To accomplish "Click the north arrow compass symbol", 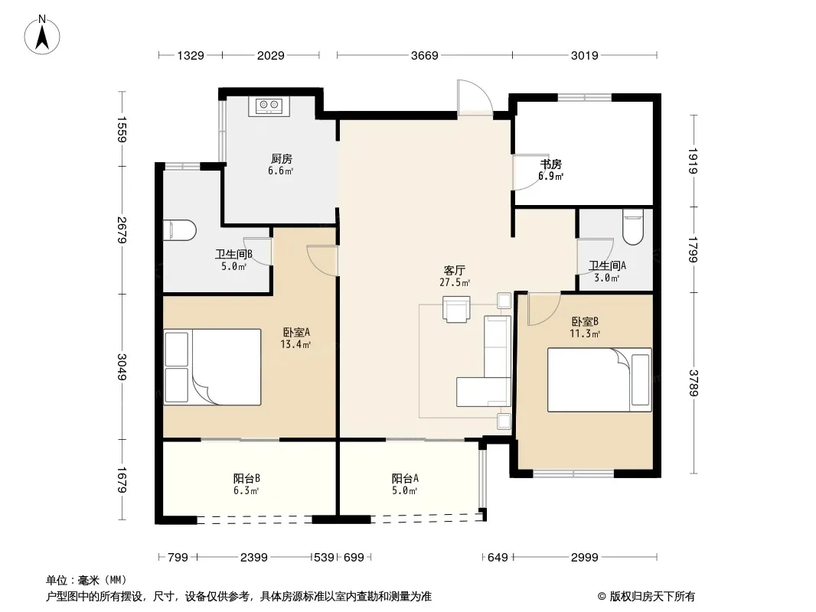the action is coord(42,35).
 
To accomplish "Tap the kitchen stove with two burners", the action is coord(269,106).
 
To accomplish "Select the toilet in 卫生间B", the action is coord(180,229).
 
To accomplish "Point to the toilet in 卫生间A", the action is coord(633,226).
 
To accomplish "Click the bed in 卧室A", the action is coord(212,366).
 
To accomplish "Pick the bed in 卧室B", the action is coord(599,379).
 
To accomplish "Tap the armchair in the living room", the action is coord(456,309).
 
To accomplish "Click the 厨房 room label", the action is coord(282,158).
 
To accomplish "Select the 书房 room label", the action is coord(550,164).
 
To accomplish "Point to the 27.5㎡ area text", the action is coord(455,282).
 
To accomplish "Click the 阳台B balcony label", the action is coord(246,478).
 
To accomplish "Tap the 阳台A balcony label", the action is coord(405,478).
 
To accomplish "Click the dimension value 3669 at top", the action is coord(425,55).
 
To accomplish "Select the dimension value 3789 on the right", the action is coord(694,382).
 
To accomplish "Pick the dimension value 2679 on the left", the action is coord(122,229).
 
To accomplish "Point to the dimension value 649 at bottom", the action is coord(498,558).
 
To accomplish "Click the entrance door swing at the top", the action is coord(475,97).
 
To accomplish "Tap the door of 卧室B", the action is coord(543,309).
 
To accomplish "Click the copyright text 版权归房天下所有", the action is coord(652,597).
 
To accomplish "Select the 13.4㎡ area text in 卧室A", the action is coord(295,344).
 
